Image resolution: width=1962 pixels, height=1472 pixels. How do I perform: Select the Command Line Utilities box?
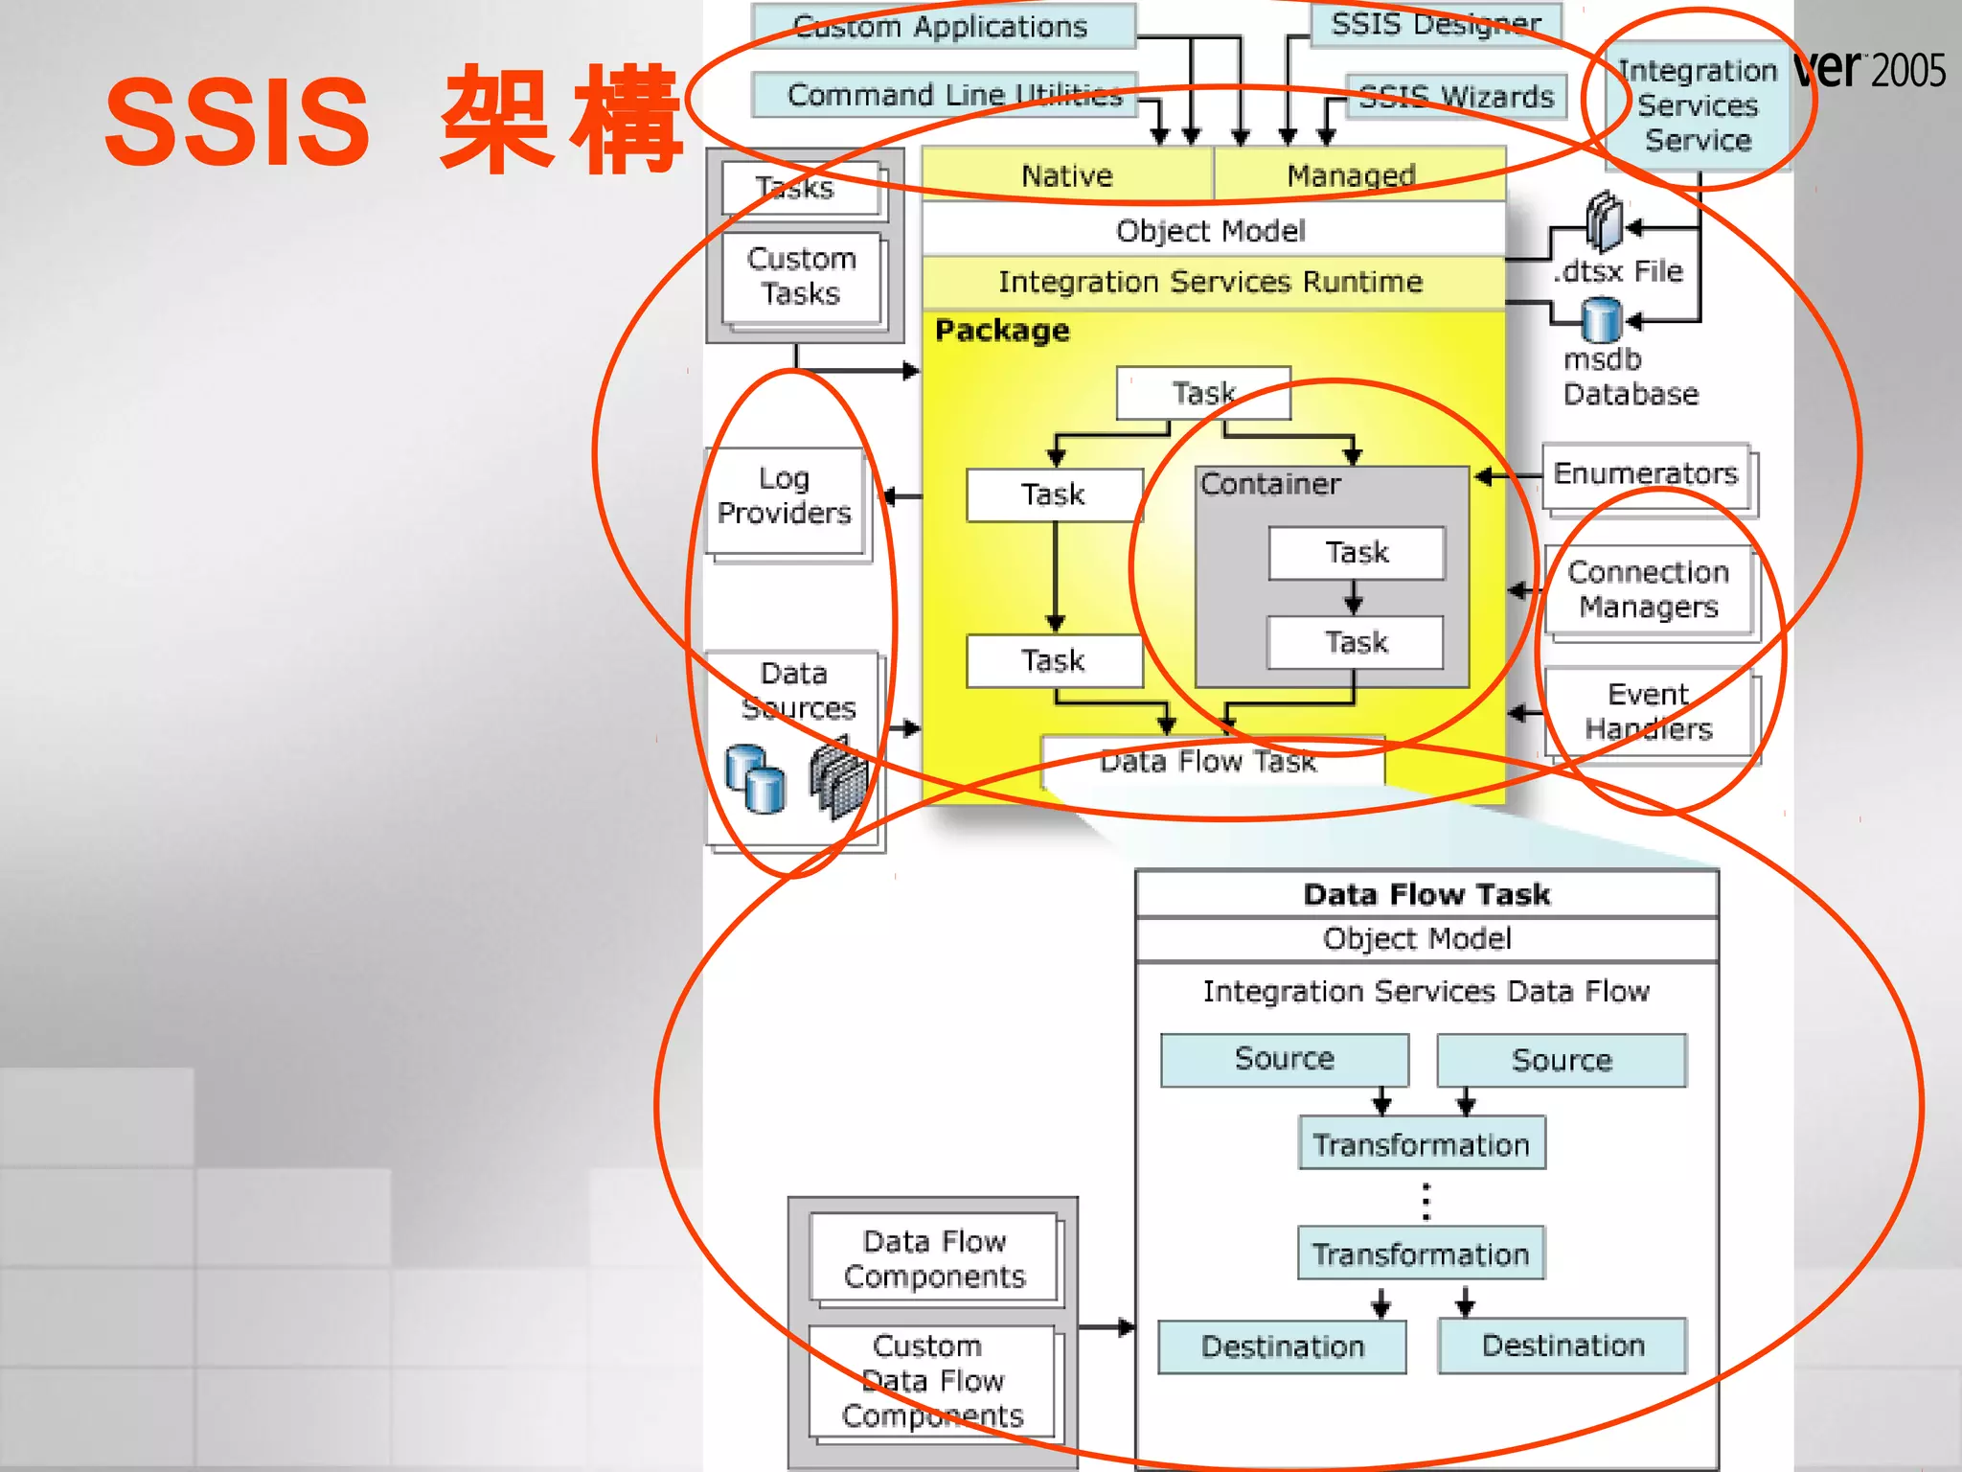(x=944, y=95)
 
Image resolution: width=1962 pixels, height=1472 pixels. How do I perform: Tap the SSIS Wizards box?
(x=1456, y=97)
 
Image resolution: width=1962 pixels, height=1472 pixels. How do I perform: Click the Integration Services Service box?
(x=1697, y=105)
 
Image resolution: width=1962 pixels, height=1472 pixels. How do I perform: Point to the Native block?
(x=1066, y=175)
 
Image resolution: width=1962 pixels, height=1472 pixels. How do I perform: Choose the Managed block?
(x=1351, y=175)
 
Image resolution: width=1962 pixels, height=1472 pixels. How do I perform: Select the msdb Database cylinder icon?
(x=1601, y=320)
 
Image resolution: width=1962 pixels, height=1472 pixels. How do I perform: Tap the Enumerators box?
(x=1645, y=474)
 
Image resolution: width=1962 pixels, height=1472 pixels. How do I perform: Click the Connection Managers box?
(x=1648, y=589)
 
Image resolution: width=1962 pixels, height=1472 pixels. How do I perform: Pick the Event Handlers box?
(x=1648, y=711)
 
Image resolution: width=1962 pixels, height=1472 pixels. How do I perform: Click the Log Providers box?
(x=785, y=496)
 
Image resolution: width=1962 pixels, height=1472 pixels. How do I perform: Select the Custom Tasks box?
(x=801, y=276)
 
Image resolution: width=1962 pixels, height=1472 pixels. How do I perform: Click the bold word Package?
(x=1002, y=331)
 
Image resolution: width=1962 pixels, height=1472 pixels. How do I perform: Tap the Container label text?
(x=1269, y=485)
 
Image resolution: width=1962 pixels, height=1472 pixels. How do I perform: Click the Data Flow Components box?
(x=934, y=1259)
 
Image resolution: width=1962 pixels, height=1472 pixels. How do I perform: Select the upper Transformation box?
(x=1421, y=1144)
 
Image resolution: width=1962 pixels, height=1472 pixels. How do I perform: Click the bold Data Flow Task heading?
(x=1426, y=894)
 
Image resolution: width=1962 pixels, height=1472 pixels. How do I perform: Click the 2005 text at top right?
(x=1908, y=71)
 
